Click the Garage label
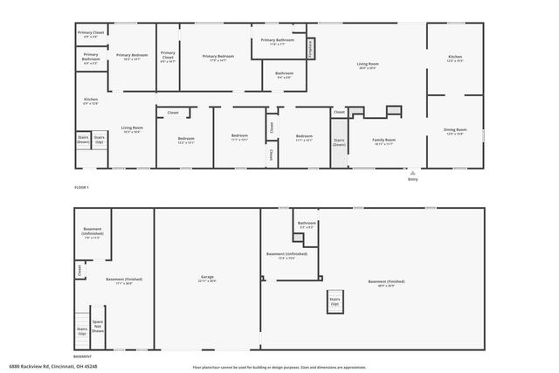tap(207, 280)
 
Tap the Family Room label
tap(384, 142)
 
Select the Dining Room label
tap(455, 132)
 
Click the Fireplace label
tap(310, 47)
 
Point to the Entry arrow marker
tap(413, 172)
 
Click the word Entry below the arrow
tap(413, 179)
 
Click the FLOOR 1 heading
tap(81, 187)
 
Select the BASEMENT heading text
tap(82, 356)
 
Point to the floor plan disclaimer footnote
tap(279, 367)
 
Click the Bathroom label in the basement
tap(307, 224)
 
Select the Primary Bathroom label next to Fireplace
tap(277, 42)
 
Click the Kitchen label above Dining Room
tap(455, 58)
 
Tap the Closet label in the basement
tap(80, 270)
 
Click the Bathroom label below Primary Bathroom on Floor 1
tap(284, 75)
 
